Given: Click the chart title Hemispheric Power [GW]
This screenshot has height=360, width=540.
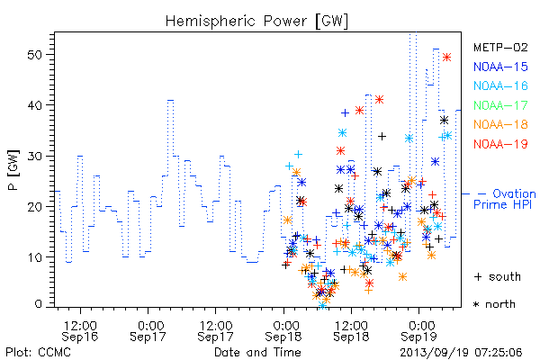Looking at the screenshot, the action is pyautogui.click(x=256, y=22).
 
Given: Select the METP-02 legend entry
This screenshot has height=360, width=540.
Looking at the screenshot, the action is pyautogui.click(x=500, y=47).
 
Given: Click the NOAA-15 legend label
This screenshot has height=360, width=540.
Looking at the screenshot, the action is pyautogui.click(x=500, y=67).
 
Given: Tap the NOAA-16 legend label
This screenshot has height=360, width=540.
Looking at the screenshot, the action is pyautogui.click(x=500, y=85).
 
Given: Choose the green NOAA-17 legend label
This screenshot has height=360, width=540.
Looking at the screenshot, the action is pyautogui.click(x=500, y=105).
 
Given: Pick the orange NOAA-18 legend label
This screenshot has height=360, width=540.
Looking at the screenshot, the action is pyautogui.click(x=500, y=124).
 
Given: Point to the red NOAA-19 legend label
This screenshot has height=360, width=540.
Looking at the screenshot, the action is pyautogui.click(x=500, y=144).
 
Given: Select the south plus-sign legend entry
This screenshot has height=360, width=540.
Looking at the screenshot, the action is pyautogui.click(x=498, y=276).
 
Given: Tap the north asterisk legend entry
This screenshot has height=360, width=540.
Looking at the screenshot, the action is pyautogui.click(x=494, y=304).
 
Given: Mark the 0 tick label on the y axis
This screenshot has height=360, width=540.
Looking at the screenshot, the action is pyautogui.click(x=39, y=304).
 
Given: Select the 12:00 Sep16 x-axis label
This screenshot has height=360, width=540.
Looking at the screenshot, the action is pyautogui.click(x=80, y=330).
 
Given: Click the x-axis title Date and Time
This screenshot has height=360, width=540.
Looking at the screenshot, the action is pyautogui.click(x=257, y=353).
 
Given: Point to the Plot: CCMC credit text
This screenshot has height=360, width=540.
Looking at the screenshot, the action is pyautogui.click(x=38, y=353).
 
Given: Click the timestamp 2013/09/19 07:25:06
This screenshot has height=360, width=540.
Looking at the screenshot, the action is pyautogui.click(x=461, y=353).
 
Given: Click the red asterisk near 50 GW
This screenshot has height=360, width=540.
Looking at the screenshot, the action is pyautogui.click(x=446, y=58).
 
